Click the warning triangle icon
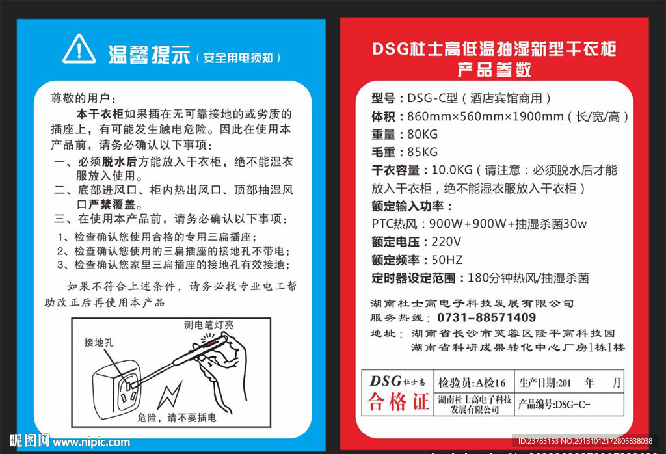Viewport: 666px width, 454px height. [x=79, y=49]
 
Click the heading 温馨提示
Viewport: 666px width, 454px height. [x=149, y=55]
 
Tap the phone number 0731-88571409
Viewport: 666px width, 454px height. [x=486, y=317]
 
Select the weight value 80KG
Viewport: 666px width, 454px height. [x=422, y=134]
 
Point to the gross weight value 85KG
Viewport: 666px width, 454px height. [x=422, y=152]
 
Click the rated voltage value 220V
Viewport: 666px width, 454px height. [x=446, y=242]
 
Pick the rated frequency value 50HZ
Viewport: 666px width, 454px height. [x=447, y=260]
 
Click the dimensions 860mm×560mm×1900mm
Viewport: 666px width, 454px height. [x=485, y=116]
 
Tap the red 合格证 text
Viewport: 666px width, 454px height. [x=398, y=401]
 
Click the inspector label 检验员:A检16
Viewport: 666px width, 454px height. [x=472, y=382]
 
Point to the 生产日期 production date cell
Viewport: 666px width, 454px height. [x=570, y=382]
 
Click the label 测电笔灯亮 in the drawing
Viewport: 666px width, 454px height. [x=209, y=325]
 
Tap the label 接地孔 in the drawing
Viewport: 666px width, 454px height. [x=99, y=342]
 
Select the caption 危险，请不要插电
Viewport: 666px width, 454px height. [x=177, y=418]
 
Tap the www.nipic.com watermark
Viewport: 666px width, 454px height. [x=91, y=442]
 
